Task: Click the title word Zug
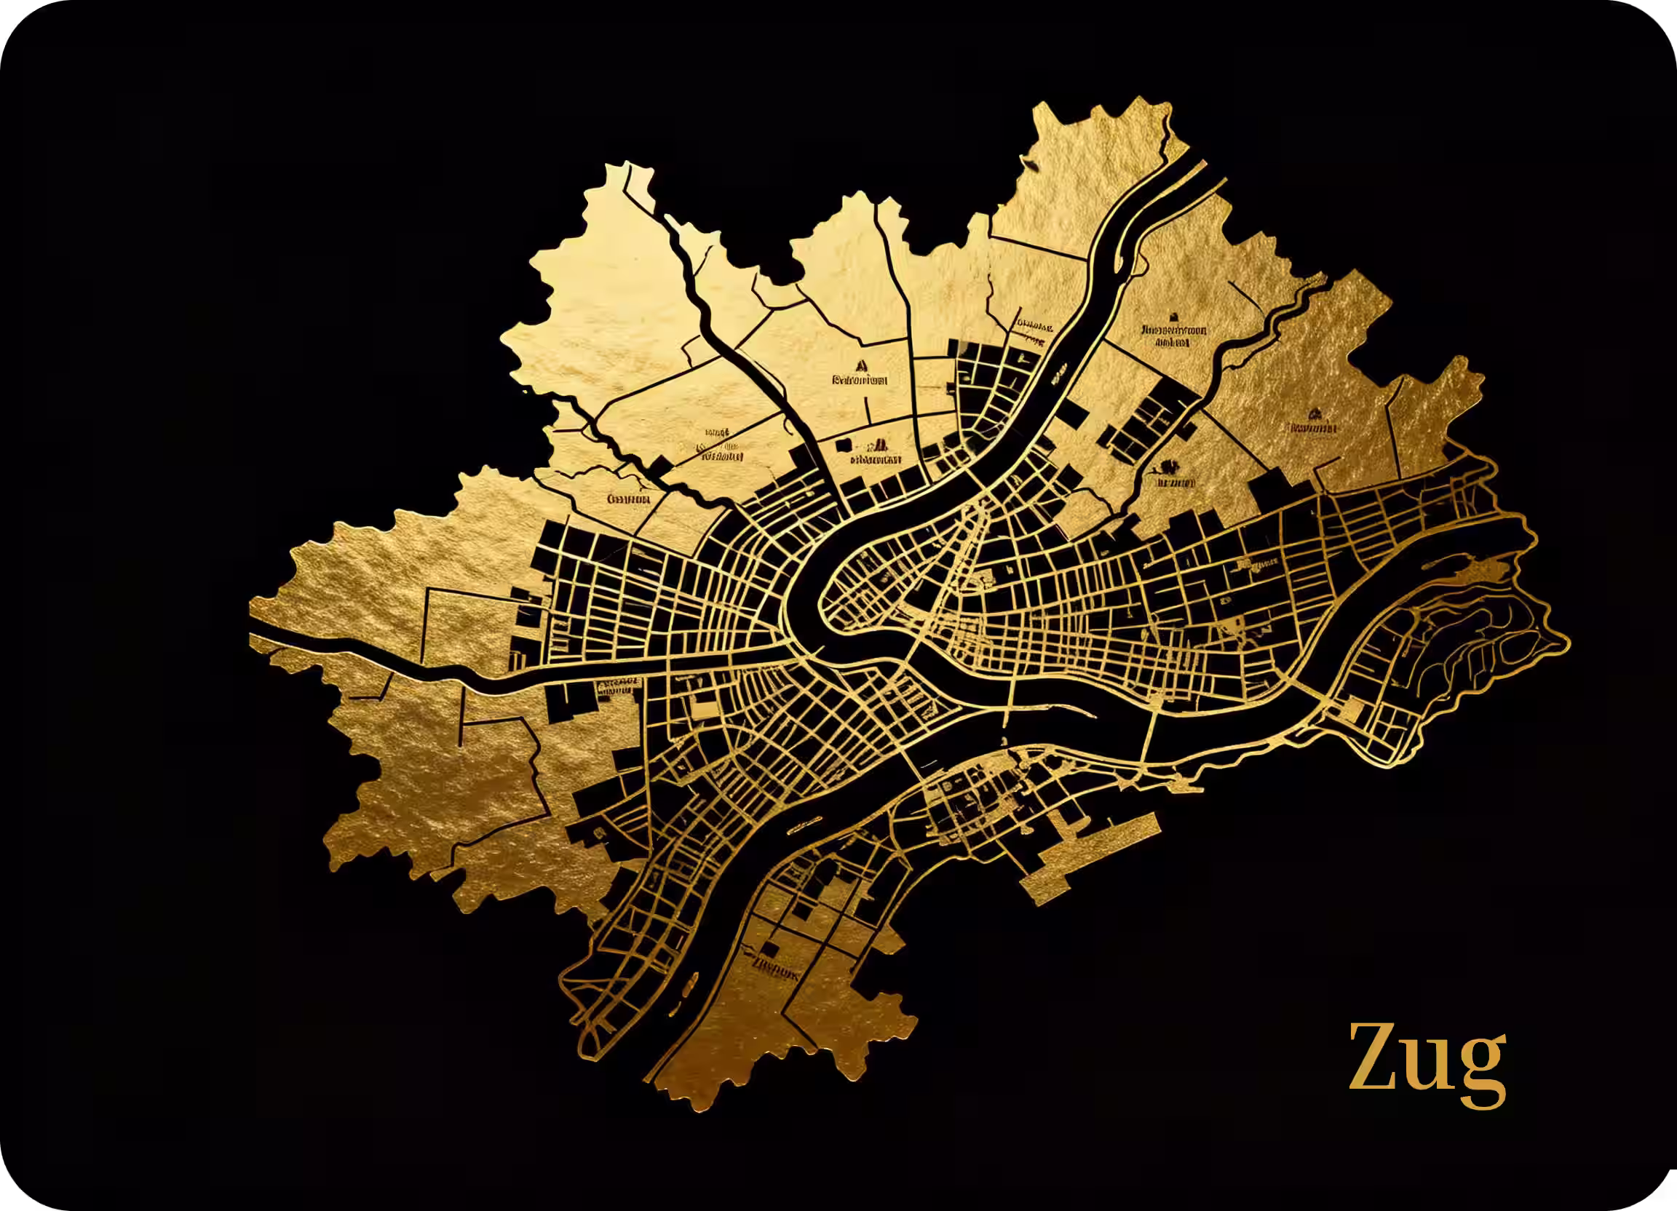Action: (1427, 1059)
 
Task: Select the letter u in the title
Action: (1427, 1065)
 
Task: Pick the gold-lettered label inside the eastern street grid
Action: (1258, 566)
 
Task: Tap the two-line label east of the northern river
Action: (1173, 335)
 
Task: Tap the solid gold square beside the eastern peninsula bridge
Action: (1352, 711)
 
